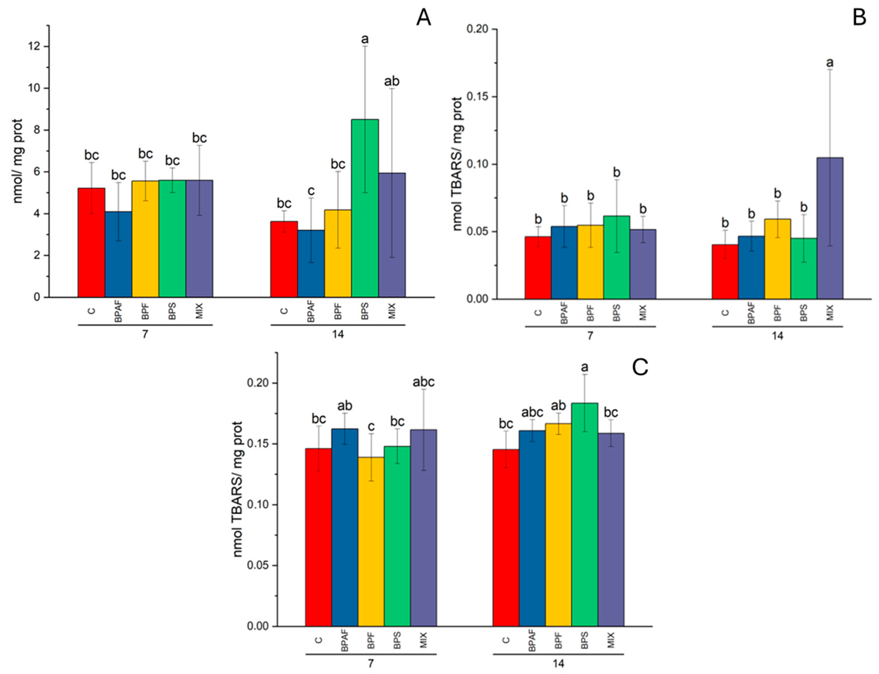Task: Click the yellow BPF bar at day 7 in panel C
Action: pyautogui.click(x=371, y=542)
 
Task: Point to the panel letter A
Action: pyautogui.click(x=423, y=18)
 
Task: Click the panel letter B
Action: pyautogui.click(x=859, y=18)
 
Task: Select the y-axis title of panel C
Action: pyautogui.click(x=238, y=489)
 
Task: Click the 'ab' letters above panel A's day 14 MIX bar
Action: pyautogui.click(x=392, y=82)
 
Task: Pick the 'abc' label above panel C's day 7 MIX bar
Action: pyautogui.click(x=423, y=382)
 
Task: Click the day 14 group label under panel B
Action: pyautogui.click(x=777, y=336)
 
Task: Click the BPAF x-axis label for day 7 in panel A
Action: pyautogui.click(x=118, y=313)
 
